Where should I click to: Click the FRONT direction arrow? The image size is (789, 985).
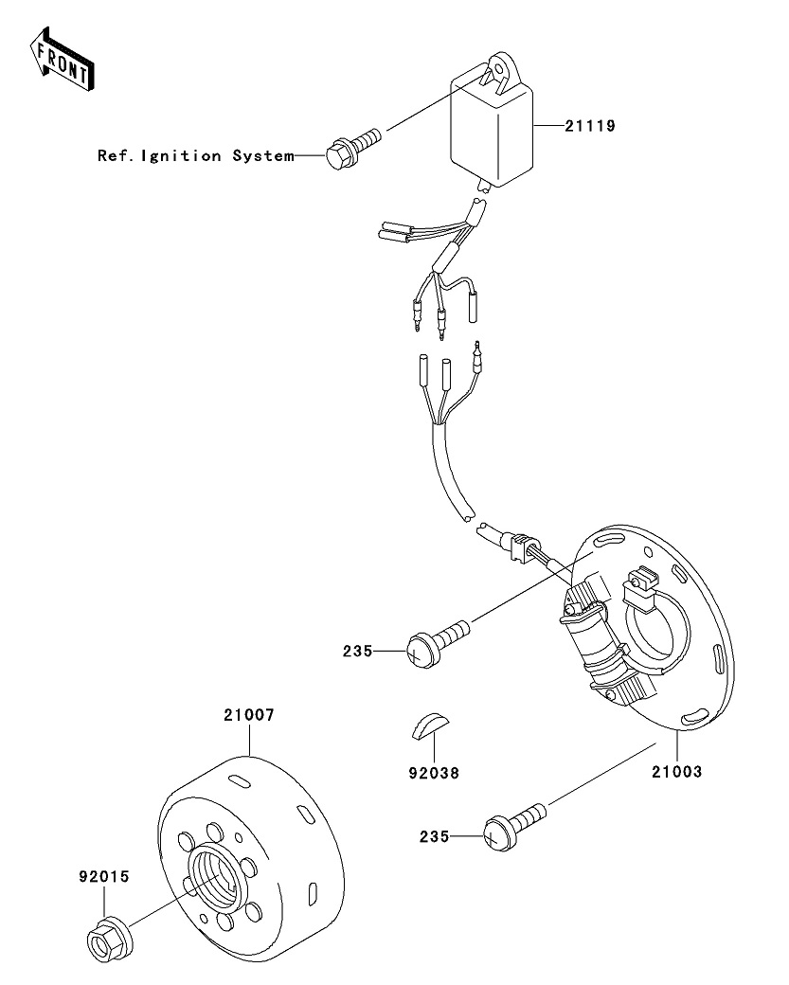[x=61, y=59]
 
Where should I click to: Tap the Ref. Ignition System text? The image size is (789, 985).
[x=196, y=155]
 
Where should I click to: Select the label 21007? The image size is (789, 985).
[x=249, y=716]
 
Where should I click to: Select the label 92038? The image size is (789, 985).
[x=435, y=773]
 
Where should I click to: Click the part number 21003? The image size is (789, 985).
[x=676, y=772]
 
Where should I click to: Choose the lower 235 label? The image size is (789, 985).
[x=435, y=836]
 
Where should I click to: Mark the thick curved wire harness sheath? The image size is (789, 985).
[x=448, y=474]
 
